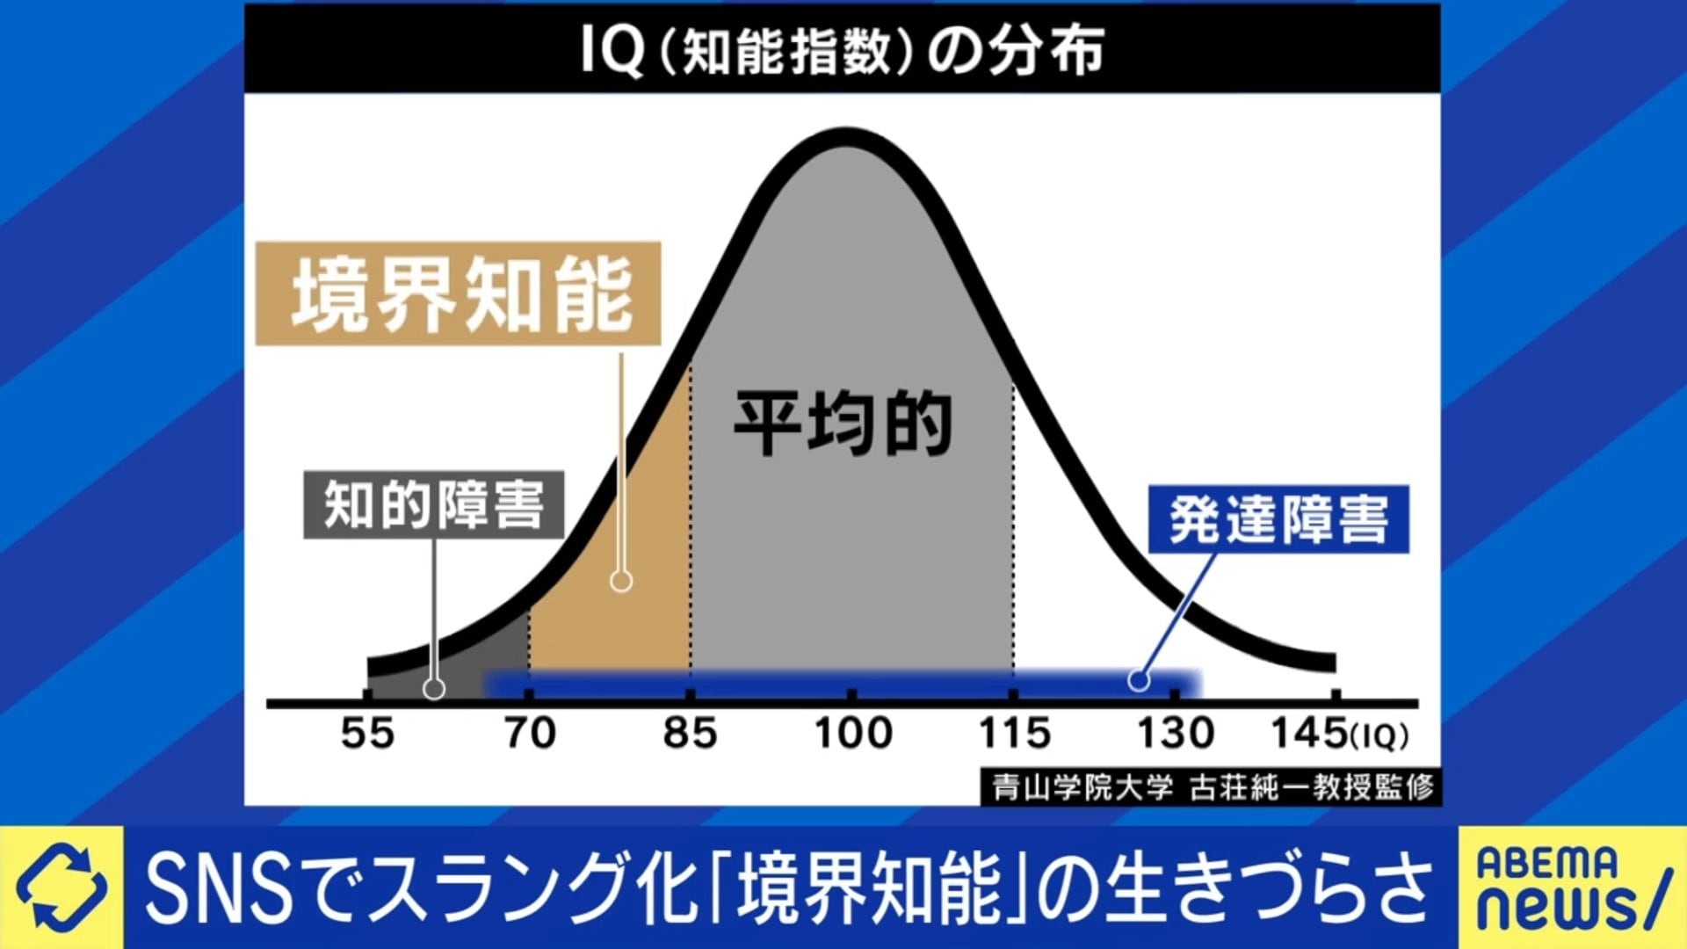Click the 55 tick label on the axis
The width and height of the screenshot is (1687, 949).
click(367, 734)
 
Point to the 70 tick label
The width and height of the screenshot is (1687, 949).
click(530, 734)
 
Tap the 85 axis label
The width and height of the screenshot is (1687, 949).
click(691, 734)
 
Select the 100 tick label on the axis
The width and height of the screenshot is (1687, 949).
click(853, 734)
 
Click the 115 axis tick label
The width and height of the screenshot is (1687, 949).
click(1015, 734)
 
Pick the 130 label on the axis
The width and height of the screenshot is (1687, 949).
click(1176, 734)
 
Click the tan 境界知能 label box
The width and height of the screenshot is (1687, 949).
click(458, 294)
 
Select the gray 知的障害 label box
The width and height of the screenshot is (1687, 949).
click(433, 505)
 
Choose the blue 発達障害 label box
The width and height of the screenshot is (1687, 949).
click(1278, 519)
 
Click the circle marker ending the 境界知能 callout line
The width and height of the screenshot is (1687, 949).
click(621, 581)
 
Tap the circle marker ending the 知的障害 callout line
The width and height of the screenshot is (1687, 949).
click(434, 689)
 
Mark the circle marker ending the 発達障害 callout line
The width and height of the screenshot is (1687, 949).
click(1139, 680)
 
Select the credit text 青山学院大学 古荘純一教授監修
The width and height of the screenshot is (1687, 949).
click(1213, 787)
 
